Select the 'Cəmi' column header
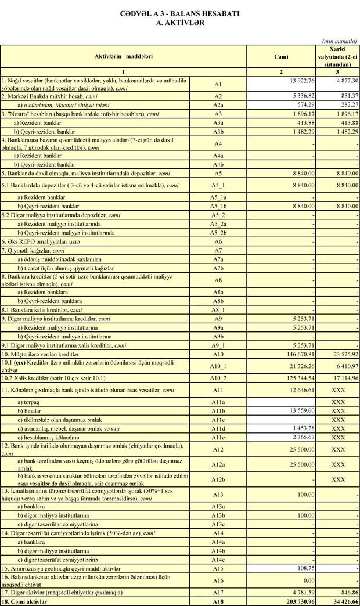click(x=281, y=57)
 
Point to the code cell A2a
click(x=218, y=104)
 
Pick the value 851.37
click(x=346, y=96)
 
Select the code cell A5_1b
click(x=218, y=206)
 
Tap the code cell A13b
click(x=218, y=515)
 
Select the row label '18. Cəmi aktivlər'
click(x=27, y=601)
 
